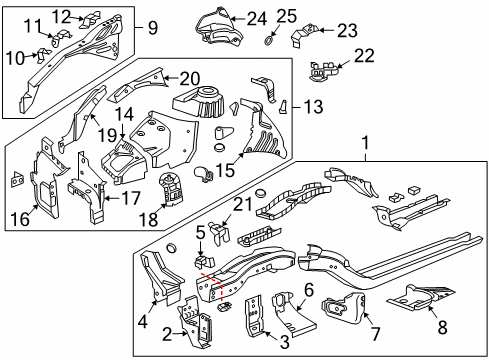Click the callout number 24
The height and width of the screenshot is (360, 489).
point(257,17)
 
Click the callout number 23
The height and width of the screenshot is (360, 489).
point(346,31)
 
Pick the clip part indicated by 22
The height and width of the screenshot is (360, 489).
point(322,70)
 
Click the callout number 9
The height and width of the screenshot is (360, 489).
point(152,28)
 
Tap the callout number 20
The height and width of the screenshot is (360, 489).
point(190,77)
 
